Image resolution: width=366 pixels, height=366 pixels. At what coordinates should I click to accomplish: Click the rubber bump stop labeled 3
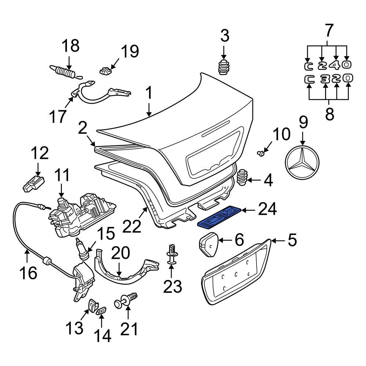pyautogui.click(x=223, y=66)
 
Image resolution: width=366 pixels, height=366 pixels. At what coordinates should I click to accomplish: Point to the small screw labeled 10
pyautogui.click(x=261, y=153)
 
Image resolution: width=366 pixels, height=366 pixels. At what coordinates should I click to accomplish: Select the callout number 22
pyautogui.click(x=132, y=226)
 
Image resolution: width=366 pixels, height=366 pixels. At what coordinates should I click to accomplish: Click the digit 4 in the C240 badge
pyautogui.click(x=336, y=65)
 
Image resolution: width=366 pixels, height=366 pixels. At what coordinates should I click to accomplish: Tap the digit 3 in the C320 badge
pyautogui.click(x=325, y=79)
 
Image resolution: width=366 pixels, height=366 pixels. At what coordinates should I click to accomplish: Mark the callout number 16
pyautogui.click(x=28, y=272)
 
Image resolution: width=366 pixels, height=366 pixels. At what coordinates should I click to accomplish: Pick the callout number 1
pyautogui.click(x=149, y=94)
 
